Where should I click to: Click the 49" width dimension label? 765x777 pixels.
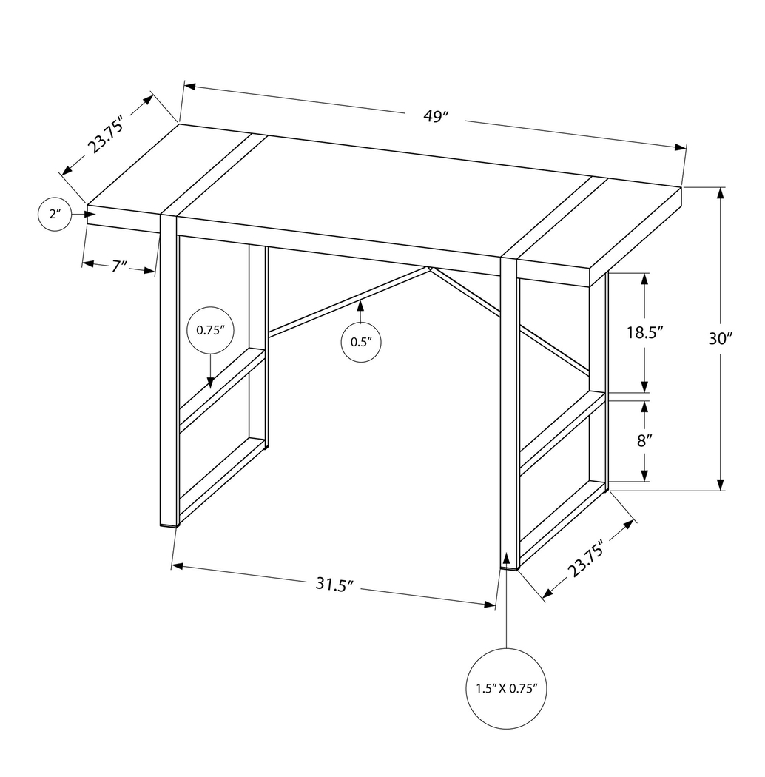(x=437, y=116)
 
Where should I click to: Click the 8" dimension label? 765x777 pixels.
(x=644, y=441)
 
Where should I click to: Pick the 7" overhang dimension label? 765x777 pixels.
(x=119, y=266)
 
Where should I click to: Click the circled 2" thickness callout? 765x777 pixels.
(x=54, y=215)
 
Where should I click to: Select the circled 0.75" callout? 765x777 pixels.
(x=210, y=330)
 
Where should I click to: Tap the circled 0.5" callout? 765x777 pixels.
(x=360, y=342)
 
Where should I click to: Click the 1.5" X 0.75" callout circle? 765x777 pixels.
(x=506, y=688)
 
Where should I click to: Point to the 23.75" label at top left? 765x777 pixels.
(x=104, y=134)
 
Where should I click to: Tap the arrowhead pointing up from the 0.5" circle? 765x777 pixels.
(x=360, y=305)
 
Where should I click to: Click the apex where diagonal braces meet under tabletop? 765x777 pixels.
(x=429, y=269)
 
